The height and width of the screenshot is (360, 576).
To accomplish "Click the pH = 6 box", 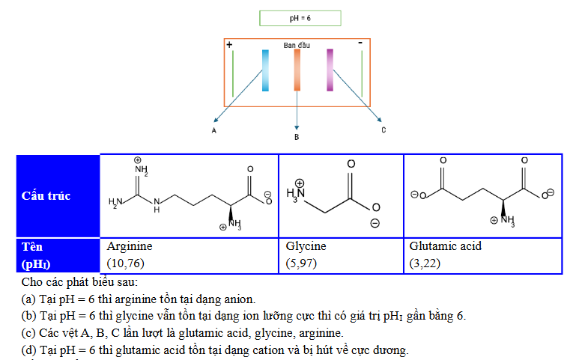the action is pos(300,19).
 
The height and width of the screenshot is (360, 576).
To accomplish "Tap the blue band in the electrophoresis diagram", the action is pos(265,70).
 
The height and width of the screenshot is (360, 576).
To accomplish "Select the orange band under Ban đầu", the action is pos(297,70).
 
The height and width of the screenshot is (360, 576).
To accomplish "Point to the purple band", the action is pos(330,70).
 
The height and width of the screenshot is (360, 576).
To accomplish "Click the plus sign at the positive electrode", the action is pos(229,45).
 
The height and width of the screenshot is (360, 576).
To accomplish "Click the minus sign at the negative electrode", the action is pos(360,43).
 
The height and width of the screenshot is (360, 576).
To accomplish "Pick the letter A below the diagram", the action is pos(213,131).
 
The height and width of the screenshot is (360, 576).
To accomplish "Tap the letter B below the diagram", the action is pos(297,137).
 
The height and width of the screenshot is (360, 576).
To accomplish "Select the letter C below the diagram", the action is pos(384,130).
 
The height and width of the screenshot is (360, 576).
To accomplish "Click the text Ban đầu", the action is pos(297,45).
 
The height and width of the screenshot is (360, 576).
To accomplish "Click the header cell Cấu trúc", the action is pos(58,196).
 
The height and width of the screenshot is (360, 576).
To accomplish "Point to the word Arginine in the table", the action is pos(130,246).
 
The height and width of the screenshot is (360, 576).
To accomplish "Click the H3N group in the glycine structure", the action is pos(296,194).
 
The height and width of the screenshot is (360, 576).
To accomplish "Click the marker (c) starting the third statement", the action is pos(28,333).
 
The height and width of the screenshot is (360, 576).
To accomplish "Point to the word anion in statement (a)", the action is pos(240,299).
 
